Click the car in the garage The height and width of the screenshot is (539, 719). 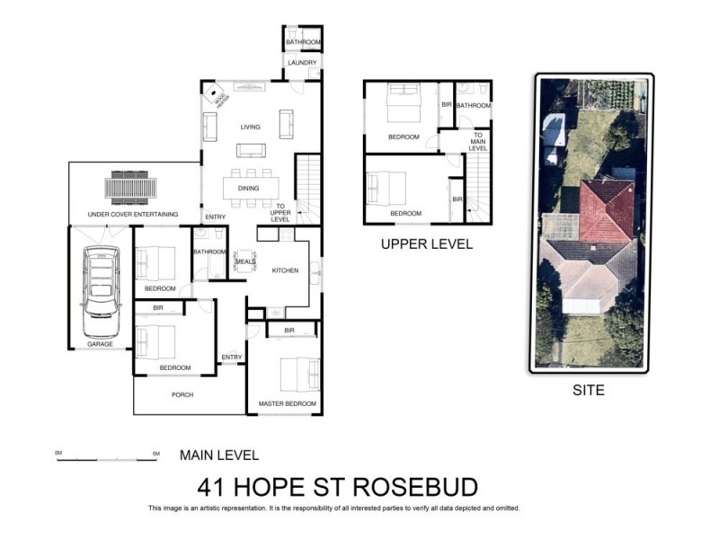pyautogui.click(x=100, y=283)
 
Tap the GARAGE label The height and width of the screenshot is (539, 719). pyautogui.click(x=100, y=344)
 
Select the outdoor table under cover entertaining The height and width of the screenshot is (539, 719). pyautogui.click(x=131, y=189)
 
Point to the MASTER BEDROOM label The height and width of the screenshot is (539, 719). pyautogui.click(x=288, y=404)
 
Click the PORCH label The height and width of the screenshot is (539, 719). pyautogui.click(x=182, y=394)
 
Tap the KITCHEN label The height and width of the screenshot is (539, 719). pyautogui.click(x=285, y=269)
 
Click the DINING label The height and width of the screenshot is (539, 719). pyautogui.click(x=249, y=189)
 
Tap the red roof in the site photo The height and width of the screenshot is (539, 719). pyautogui.click(x=605, y=209)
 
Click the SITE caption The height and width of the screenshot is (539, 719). pyautogui.click(x=589, y=391)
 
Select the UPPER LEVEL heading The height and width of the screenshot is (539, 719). pyautogui.click(x=426, y=244)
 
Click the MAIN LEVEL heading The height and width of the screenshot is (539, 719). pyautogui.click(x=219, y=455)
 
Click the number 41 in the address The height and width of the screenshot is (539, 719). pyautogui.click(x=212, y=487)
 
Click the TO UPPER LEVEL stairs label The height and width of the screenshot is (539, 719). pyautogui.click(x=281, y=212)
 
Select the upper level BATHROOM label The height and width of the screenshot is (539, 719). pyautogui.click(x=473, y=106)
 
